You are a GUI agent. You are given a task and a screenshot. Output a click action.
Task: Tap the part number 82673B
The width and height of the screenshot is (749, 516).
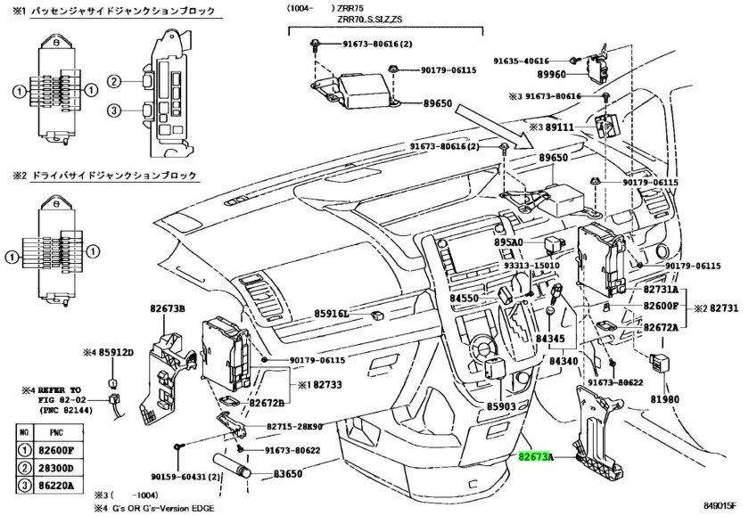coord(167,307)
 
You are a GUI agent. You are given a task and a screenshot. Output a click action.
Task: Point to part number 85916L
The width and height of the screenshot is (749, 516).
coord(331,314)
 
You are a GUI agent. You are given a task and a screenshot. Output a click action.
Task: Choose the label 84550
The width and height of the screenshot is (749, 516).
coord(465,299)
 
